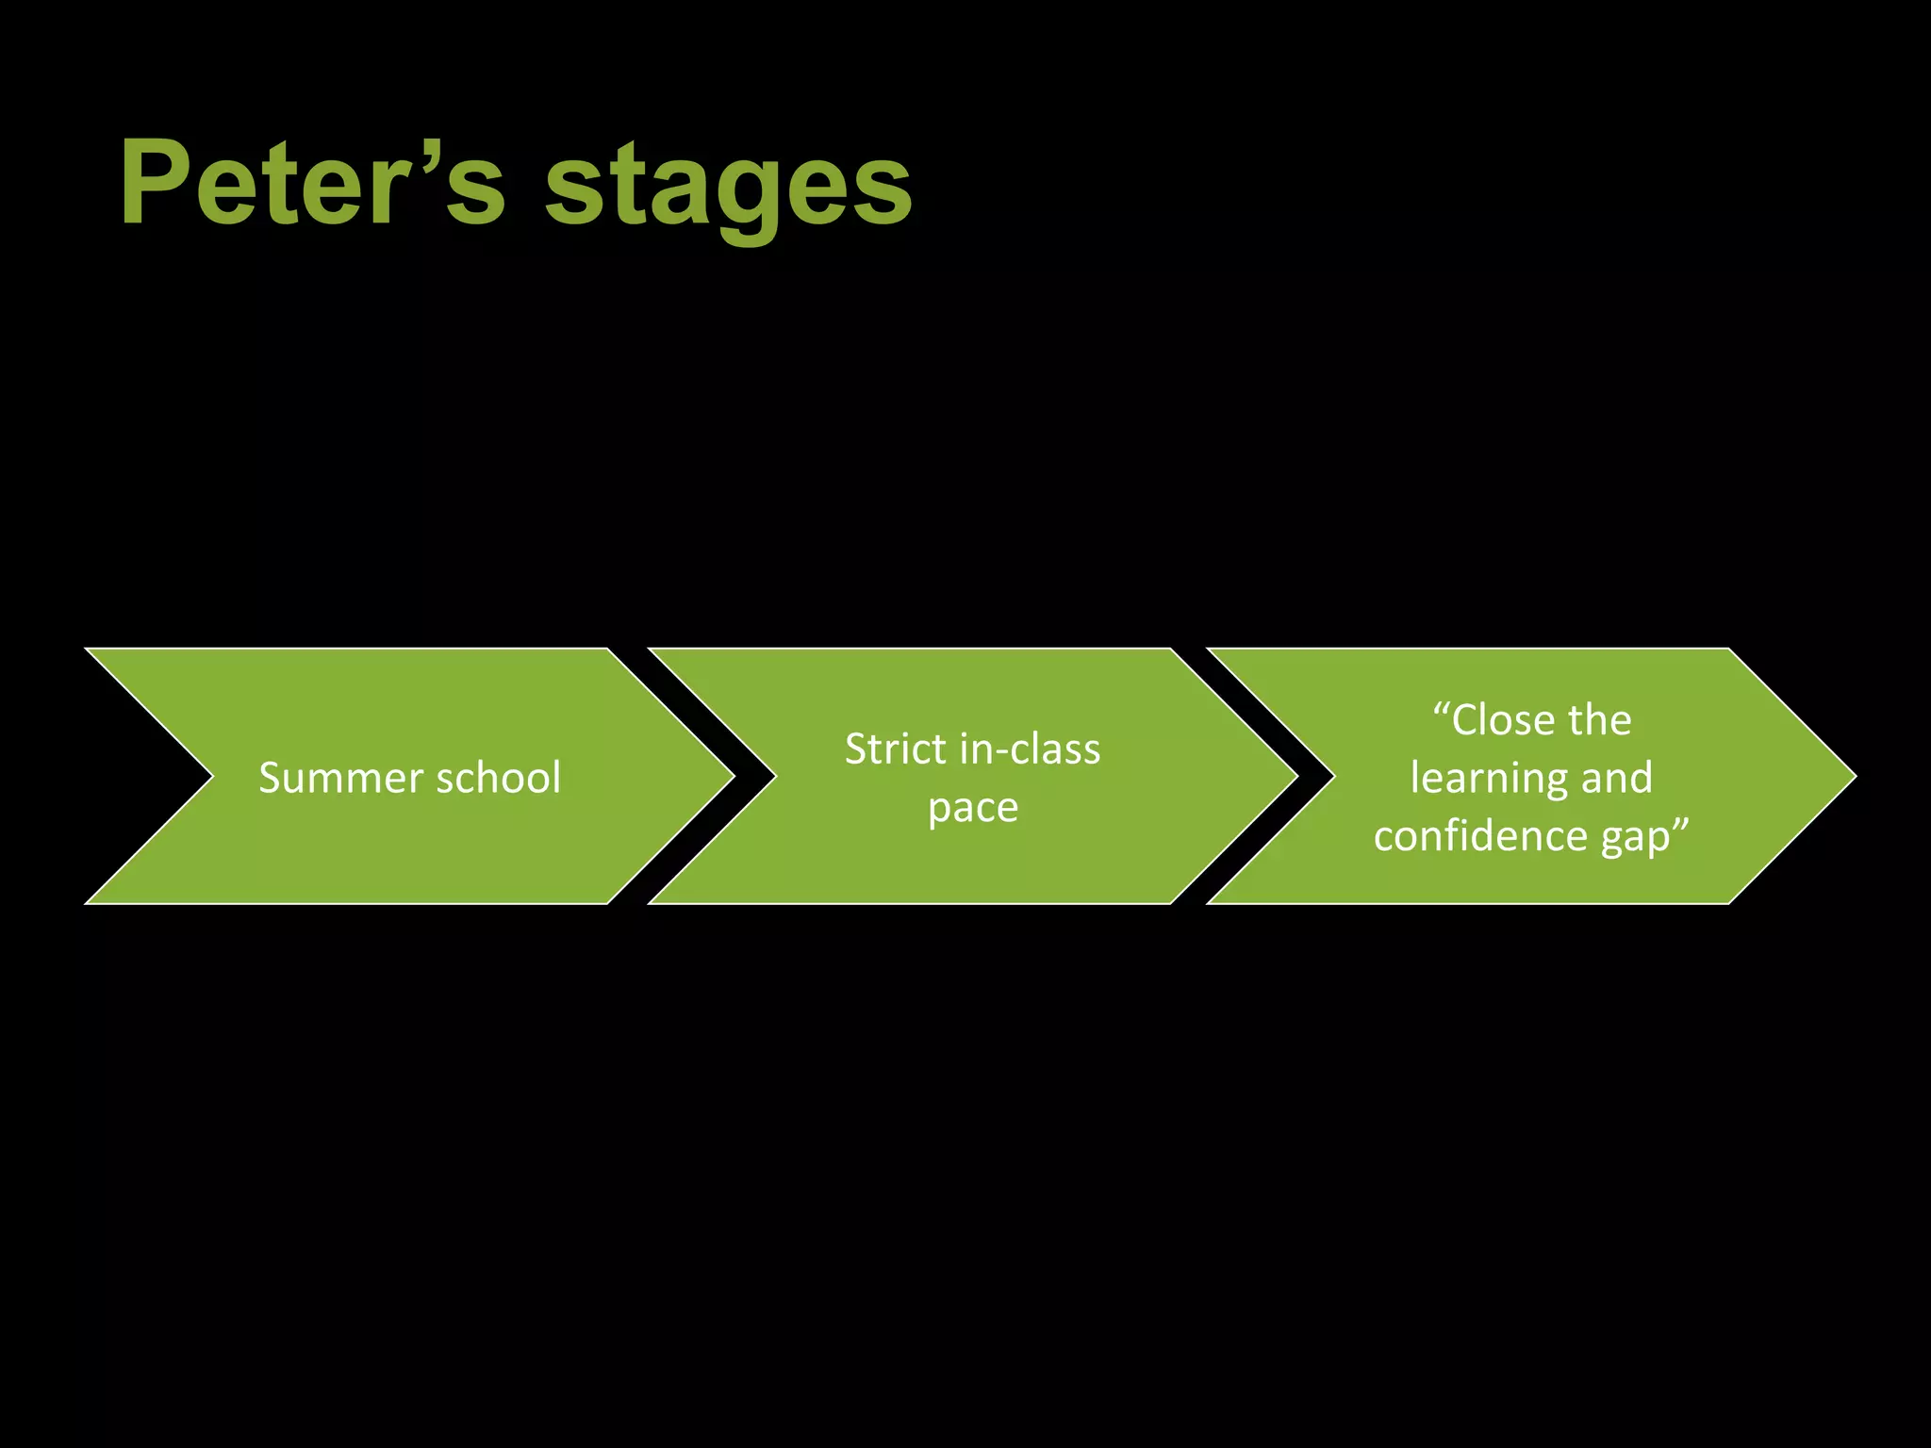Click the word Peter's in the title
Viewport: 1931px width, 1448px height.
click(x=312, y=184)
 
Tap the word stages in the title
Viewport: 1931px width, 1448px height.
click(x=728, y=189)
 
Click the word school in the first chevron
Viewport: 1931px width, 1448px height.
click(x=499, y=779)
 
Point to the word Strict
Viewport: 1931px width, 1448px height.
click(x=895, y=749)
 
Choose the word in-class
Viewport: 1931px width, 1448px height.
click(x=1030, y=749)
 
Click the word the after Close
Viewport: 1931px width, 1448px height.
click(x=1600, y=721)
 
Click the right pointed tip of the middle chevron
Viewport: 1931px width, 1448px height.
click(x=1295, y=777)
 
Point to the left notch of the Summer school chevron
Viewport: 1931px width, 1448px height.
click(x=211, y=777)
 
